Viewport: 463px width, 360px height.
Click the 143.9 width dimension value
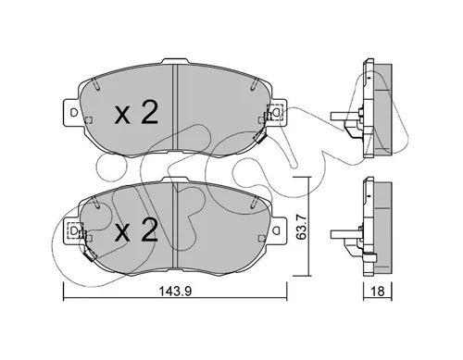(175, 291)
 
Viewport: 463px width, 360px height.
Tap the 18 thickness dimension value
(377, 291)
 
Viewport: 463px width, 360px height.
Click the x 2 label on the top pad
(136, 113)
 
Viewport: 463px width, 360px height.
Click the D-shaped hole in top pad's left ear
(73, 113)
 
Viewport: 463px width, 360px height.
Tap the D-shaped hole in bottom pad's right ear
(277, 230)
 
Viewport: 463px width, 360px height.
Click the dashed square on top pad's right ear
(277, 111)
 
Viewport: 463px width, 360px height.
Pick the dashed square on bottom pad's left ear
(74, 230)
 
